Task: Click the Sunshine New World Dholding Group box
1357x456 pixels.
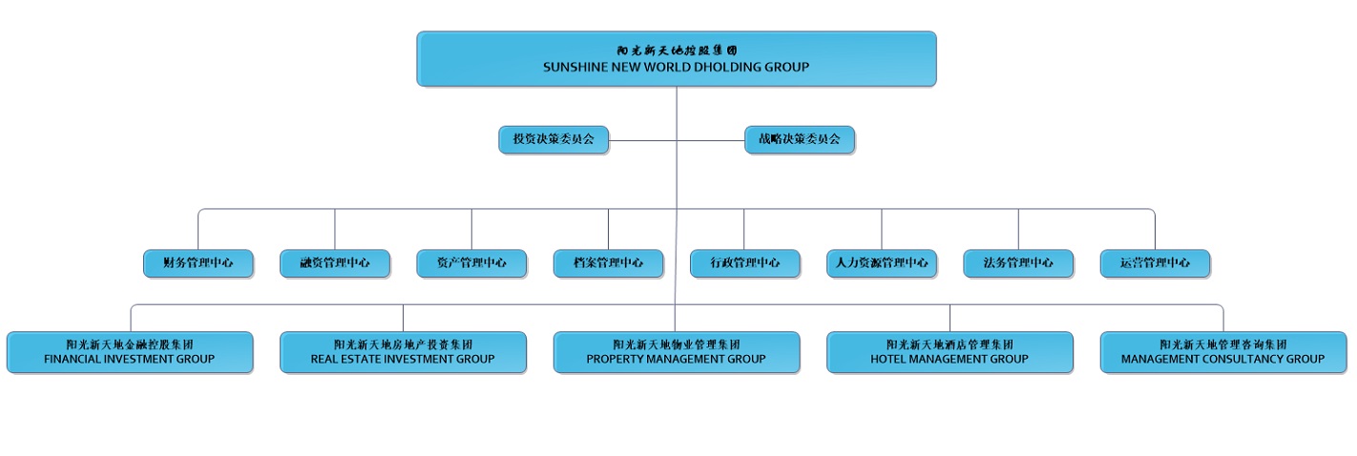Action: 676,59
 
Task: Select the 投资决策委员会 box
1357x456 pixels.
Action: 553,139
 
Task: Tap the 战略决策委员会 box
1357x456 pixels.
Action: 799,139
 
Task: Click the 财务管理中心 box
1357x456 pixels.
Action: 198,263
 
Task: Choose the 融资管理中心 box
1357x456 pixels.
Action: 334,263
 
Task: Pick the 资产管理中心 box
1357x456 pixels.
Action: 471,263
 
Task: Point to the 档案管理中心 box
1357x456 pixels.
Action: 608,263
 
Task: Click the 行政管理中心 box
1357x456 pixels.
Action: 744,263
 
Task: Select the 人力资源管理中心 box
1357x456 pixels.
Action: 882,263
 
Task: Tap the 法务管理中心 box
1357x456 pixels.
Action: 1018,263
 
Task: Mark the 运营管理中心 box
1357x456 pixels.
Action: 1155,263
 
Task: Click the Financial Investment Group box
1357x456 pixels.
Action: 130,352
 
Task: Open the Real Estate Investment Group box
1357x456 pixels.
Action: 403,352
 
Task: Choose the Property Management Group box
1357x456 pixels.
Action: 676,352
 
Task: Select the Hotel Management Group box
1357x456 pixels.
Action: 950,352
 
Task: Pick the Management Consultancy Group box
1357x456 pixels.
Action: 1223,352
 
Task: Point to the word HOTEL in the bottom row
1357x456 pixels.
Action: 888,359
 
